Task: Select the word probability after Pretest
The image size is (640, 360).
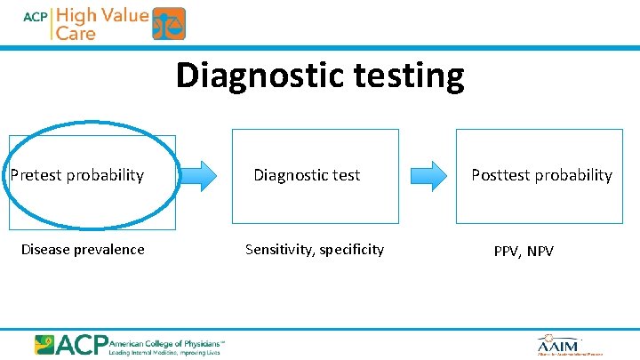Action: point(104,175)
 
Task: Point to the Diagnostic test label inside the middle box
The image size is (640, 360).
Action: point(307,175)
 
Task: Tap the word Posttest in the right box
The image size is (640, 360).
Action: point(500,175)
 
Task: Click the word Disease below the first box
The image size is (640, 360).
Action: point(46,250)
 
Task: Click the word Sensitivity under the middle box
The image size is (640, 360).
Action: point(278,250)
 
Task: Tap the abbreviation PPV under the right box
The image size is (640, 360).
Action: point(508,252)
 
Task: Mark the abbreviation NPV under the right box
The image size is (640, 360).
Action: point(540,252)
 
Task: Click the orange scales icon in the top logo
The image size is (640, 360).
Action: point(169,23)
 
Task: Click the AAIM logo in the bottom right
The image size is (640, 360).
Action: point(558,345)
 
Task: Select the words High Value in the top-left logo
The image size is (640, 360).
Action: point(102,15)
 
